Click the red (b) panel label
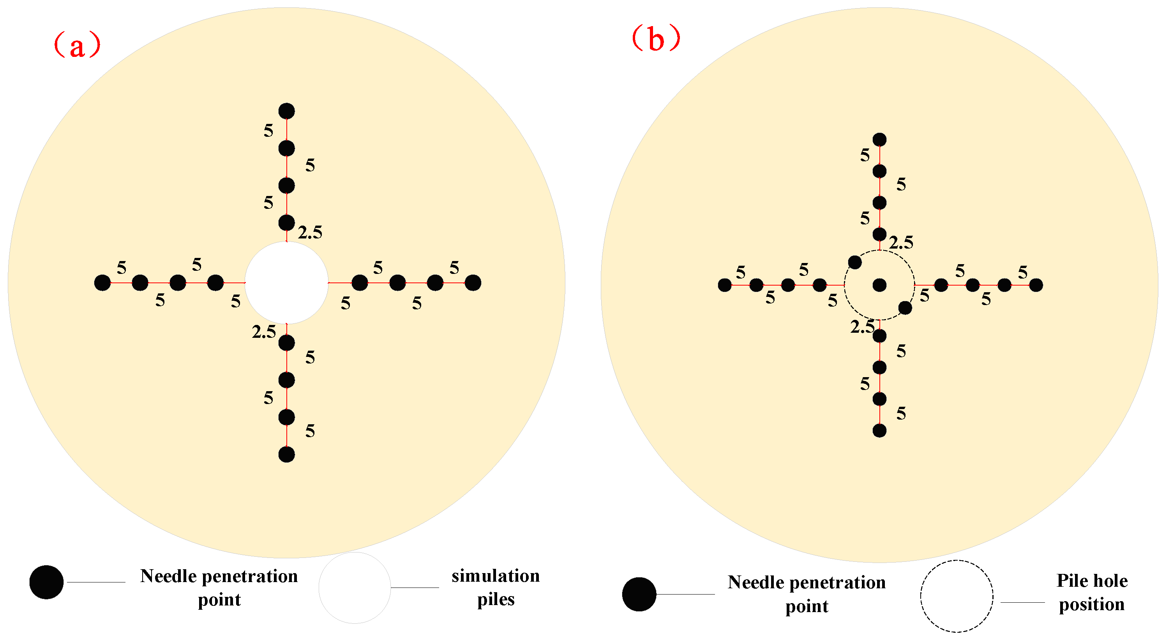point(656,39)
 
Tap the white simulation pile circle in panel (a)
point(286,283)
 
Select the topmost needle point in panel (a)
point(286,111)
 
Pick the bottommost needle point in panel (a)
point(286,454)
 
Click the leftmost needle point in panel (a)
point(102,283)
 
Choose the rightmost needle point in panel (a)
point(473,283)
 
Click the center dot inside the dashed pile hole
point(879,285)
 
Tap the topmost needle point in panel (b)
point(879,140)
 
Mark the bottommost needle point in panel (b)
point(879,431)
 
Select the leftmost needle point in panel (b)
point(724,285)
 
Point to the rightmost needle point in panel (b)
point(1036,285)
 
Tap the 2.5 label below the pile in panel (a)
point(264,332)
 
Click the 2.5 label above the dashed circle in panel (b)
point(901,243)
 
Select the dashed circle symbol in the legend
point(957,596)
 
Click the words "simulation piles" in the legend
point(496,587)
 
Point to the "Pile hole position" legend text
point(1092,592)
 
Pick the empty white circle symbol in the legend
point(355,588)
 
